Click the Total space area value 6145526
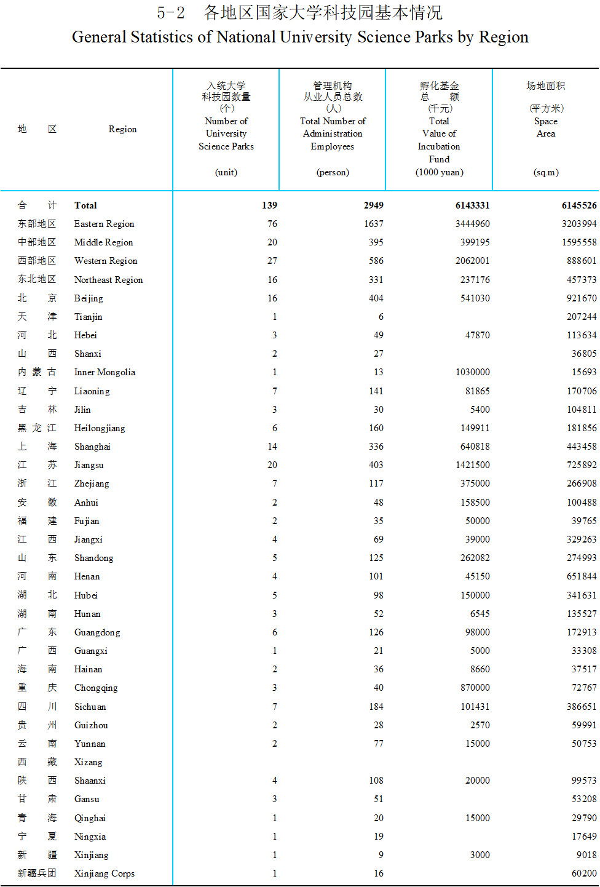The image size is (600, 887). [578, 205]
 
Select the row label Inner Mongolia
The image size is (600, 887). [105, 372]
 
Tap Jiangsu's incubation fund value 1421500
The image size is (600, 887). [472, 465]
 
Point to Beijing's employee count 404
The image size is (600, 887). [376, 298]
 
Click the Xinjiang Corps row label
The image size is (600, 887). [104, 873]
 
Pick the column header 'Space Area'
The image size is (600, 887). [545, 127]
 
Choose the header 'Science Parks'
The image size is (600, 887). [226, 146]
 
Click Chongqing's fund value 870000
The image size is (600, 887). [475, 688]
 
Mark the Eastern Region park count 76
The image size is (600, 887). [272, 224]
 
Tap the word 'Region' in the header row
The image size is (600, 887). [122, 129]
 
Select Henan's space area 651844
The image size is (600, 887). [582, 576]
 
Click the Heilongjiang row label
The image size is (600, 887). [99, 428]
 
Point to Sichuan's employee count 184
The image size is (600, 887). [376, 707]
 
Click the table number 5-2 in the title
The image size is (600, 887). [170, 13]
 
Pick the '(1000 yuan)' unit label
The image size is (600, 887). [439, 172]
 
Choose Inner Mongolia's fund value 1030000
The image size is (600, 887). [472, 372]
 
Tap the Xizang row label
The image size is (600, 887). [88, 762]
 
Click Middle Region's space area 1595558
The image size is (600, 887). [578, 242]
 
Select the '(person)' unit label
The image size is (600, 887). [333, 172]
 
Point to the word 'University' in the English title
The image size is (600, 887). [316, 38]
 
